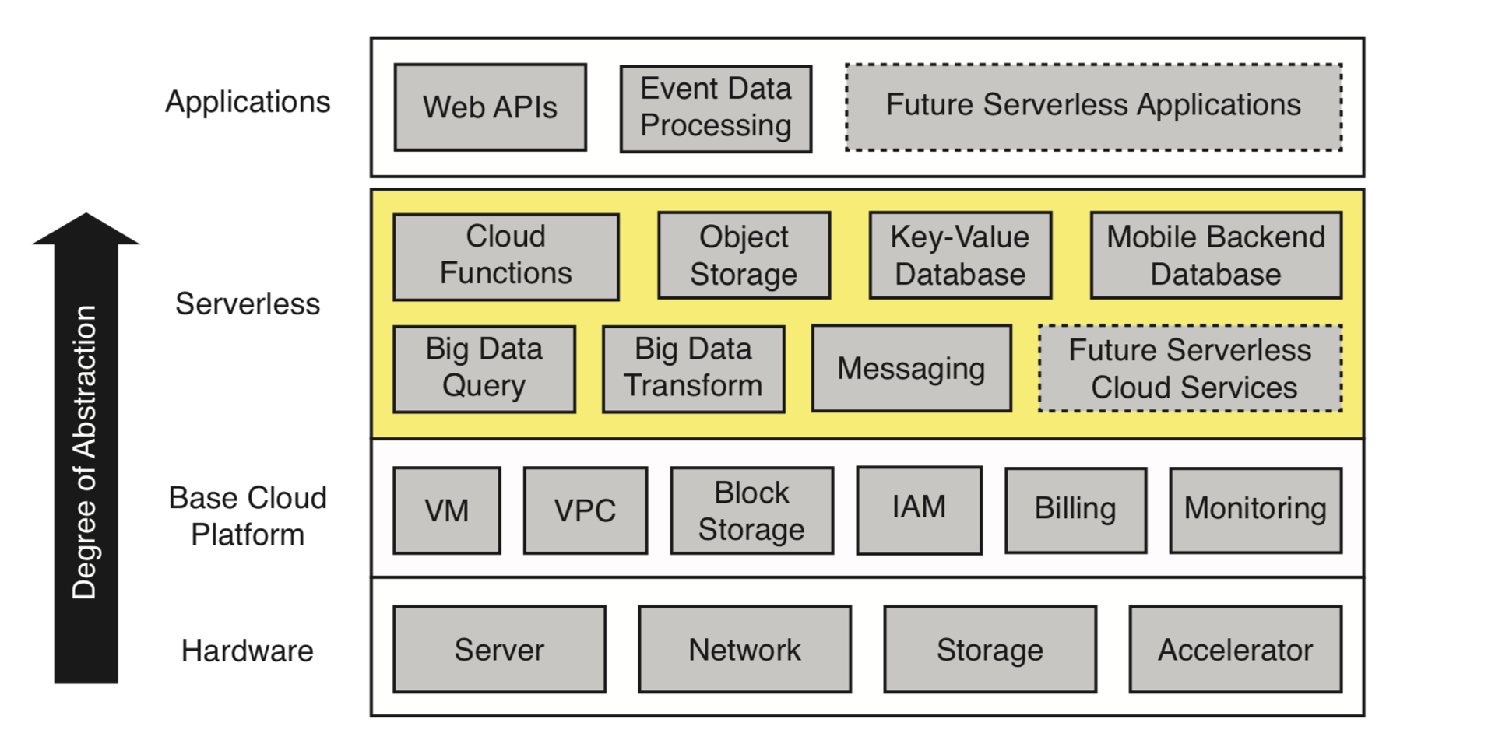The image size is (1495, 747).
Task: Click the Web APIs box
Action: pyautogui.click(x=490, y=107)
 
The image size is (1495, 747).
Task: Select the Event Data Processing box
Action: pyautogui.click(x=716, y=108)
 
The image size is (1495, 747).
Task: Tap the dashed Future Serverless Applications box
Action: pyautogui.click(x=1093, y=107)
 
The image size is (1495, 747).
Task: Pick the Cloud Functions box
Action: pyautogui.click(x=505, y=256)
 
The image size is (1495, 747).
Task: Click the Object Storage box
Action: pyautogui.click(x=744, y=255)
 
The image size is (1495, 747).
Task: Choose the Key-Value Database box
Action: pyautogui.click(x=960, y=255)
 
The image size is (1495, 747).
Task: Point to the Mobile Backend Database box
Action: pyautogui.click(x=1215, y=255)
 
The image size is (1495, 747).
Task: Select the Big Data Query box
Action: pyautogui.click(x=484, y=368)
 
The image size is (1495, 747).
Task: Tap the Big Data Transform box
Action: pyautogui.click(x=693, y=368)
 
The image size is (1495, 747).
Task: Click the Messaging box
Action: pyautogui.click(x=911, y=368)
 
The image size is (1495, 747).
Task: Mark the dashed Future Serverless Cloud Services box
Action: pyautogui.click(x=1190, y=368)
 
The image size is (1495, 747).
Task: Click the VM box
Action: pyautogui.click(x=446, y=510)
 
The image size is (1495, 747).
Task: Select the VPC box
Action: pyautogui.click(x=585, y=510)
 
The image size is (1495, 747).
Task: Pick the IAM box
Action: pyautogui.click(x=919, y=510)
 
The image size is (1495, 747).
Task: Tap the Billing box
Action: pyautogui.click(x=1075, y=510)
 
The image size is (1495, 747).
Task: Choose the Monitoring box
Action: pyautogui.click(x=1255, y=510)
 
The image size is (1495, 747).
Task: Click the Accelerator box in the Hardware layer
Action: pyautogui.click(x=1235, y=649)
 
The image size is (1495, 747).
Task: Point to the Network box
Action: pyautogui.click(x=744, y=649)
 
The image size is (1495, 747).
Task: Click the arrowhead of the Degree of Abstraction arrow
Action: pyautogui.click(x=86, y=230)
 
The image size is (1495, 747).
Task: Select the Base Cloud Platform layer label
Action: pyautogui.click(x=248, y=516)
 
